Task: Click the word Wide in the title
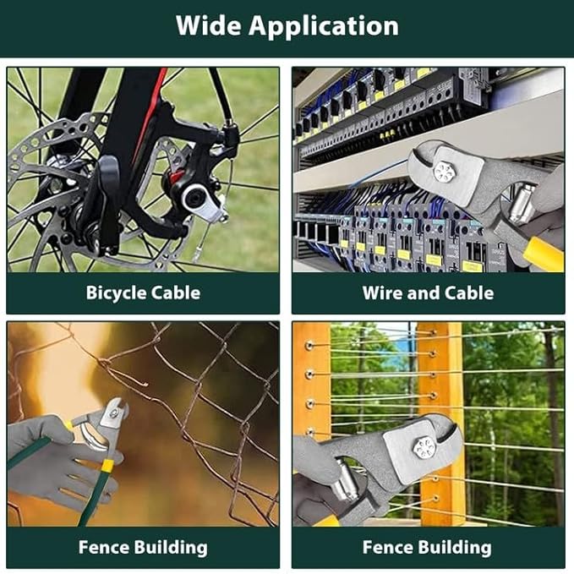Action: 208,25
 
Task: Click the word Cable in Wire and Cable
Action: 469,292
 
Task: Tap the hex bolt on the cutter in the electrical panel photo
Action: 443,172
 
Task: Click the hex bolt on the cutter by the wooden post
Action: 425,448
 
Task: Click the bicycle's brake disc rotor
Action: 55,190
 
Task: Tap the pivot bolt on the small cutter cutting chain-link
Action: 114,413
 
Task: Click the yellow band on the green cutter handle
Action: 107,466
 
